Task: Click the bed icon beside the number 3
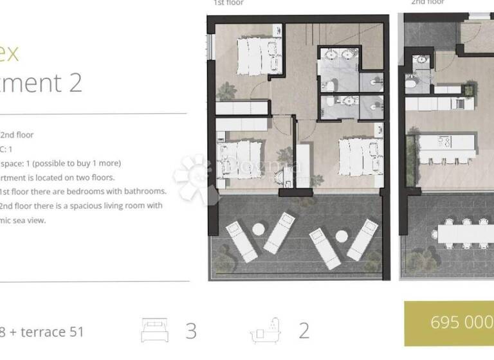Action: pyautogui.click(x=154, y=330)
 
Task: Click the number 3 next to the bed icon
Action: pyautogui.click(x=191, y=330)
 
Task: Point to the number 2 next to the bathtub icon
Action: pyautogui.click(x=304, y=330)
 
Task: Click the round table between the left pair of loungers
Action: pyautogui.click(x=259, y=229)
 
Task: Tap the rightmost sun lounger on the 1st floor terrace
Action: pyautogui.click(x=363, y=239)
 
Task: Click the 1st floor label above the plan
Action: pyautogui.click(x=229, y=3)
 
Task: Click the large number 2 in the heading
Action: pyautogui.click(x=75, y=83)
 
